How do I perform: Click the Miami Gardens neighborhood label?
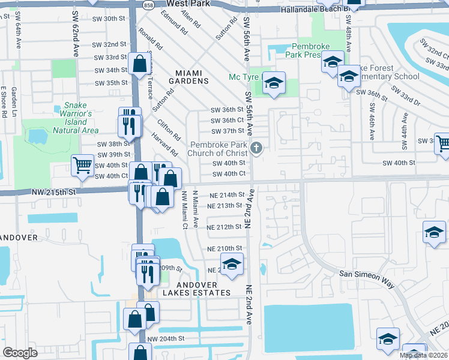click(x=192, y=76)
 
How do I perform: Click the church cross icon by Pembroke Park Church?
click(x=257, y=148)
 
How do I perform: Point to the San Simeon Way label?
click(x=366, y=273)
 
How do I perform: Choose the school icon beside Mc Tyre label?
click(x=274, y=83)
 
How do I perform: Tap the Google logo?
click(x=20, y=353)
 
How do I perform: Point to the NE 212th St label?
click(x=224, y=227)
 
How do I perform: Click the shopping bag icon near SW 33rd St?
click(x=139, y=64)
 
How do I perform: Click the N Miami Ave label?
click(x=195, y=209)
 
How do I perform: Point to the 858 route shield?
click(x=148, y=4)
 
